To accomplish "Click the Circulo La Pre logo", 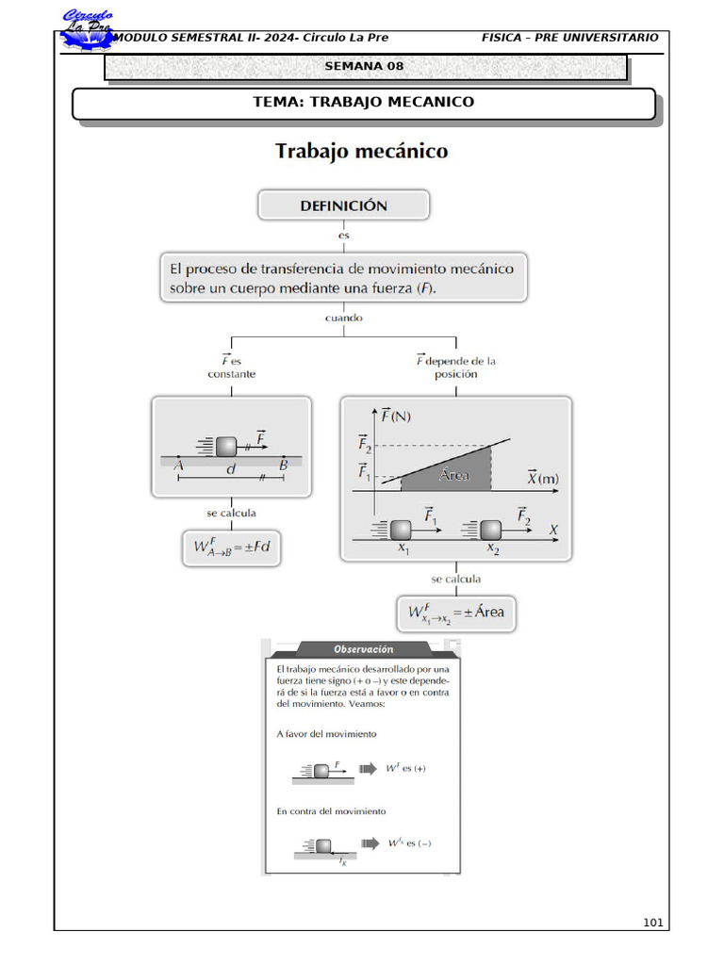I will click(x=88, y=30).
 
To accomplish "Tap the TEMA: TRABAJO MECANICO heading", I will click(x=363, y=102).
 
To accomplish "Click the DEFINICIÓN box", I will click(x=343, y=204).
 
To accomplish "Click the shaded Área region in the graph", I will click(x=452, y=473).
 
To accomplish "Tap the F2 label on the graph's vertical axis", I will click(x=365, y=446).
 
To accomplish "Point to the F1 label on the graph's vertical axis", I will click(x=365, y=471).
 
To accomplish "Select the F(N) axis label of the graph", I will click(x=394, y=416).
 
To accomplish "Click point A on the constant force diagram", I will click(x=178, y=464).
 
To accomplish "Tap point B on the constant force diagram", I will click(x=283, y=464).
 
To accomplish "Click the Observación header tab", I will click(x=363, y=649).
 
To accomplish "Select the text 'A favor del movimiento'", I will click(x=326, y=733).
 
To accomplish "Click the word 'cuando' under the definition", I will click(x=343, y=319).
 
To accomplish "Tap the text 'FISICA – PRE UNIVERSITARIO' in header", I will click(x=569, y=38).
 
